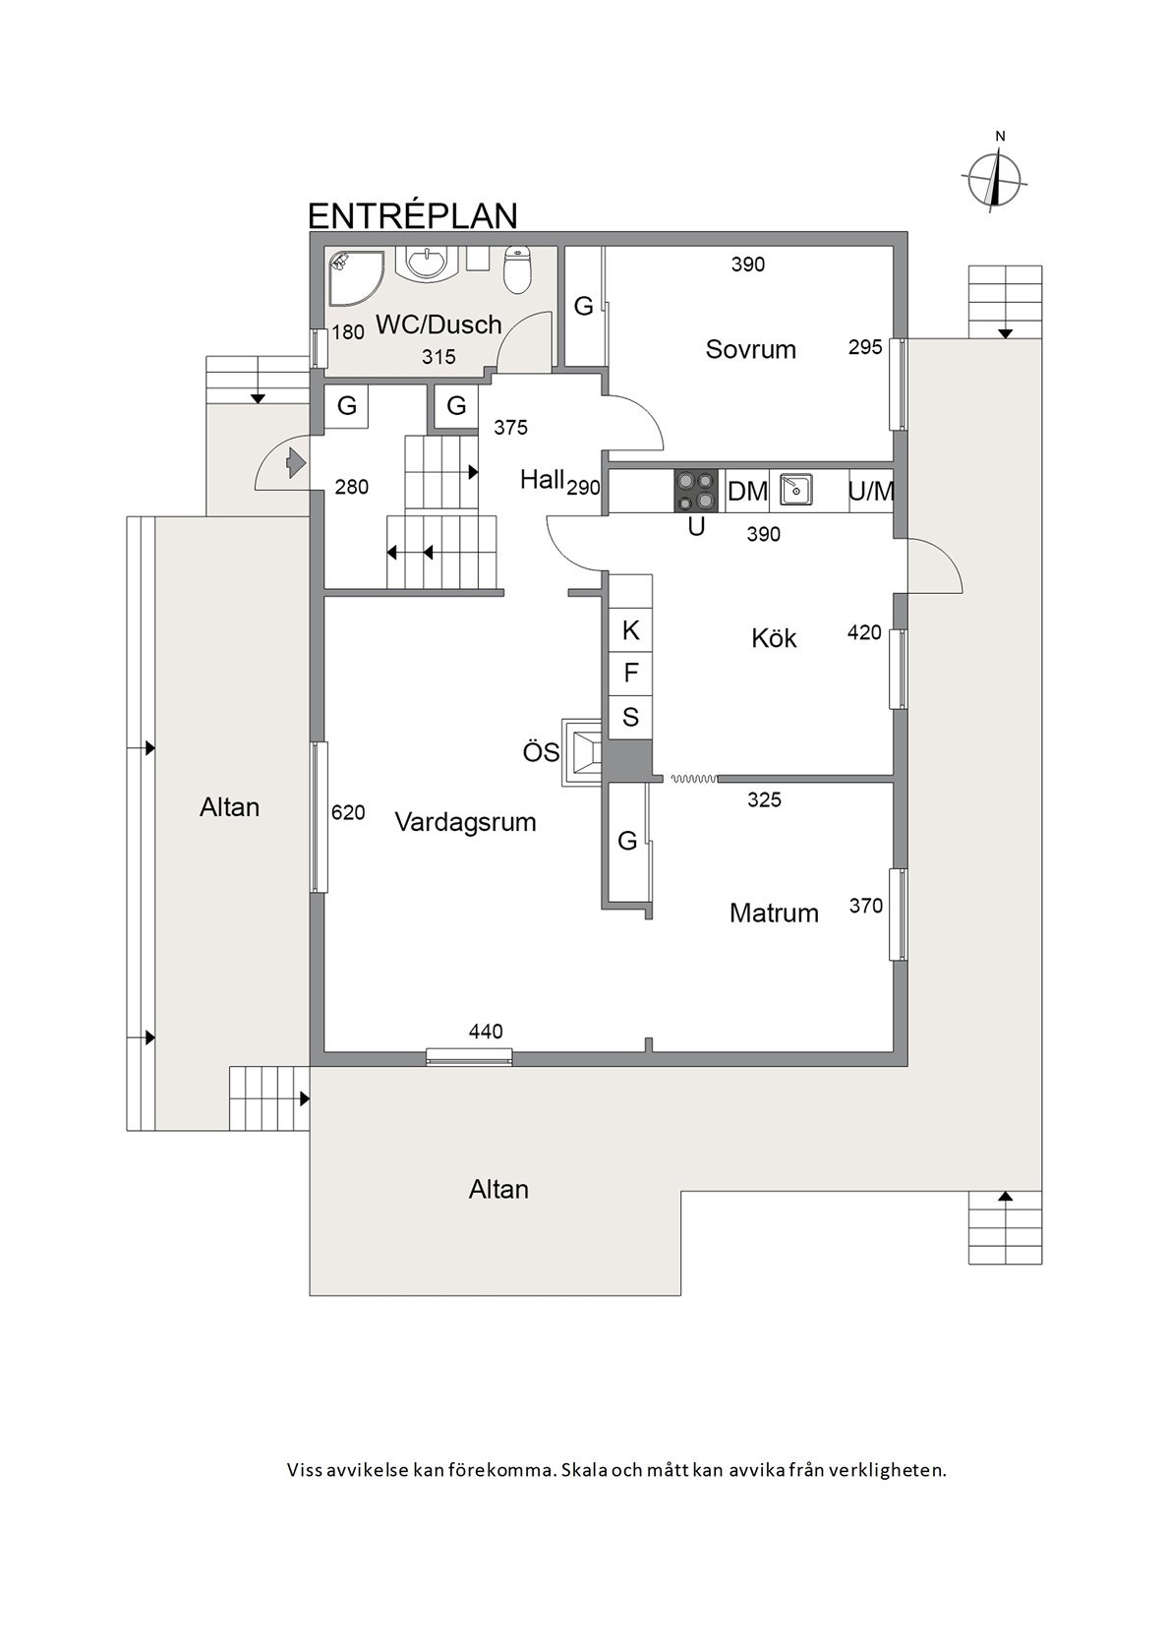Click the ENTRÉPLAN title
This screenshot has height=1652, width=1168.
413,215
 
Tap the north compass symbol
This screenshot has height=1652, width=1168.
996,179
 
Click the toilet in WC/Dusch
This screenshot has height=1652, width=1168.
517,268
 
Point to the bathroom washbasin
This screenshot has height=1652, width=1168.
427,263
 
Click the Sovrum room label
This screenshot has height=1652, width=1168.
750,349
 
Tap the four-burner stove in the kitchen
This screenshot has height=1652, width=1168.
695,491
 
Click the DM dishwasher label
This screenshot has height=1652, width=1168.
747,491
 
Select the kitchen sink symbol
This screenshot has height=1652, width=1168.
796,489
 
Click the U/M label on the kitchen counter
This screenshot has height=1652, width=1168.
871,491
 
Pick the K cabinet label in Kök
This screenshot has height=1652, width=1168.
631,630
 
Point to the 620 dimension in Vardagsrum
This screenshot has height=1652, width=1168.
348,812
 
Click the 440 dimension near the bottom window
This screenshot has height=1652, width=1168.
486,1032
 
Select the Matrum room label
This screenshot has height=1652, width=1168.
774,913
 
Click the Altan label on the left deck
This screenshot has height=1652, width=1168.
229,807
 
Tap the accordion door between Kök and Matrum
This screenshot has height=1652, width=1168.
693,779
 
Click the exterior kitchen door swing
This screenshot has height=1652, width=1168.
934,568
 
